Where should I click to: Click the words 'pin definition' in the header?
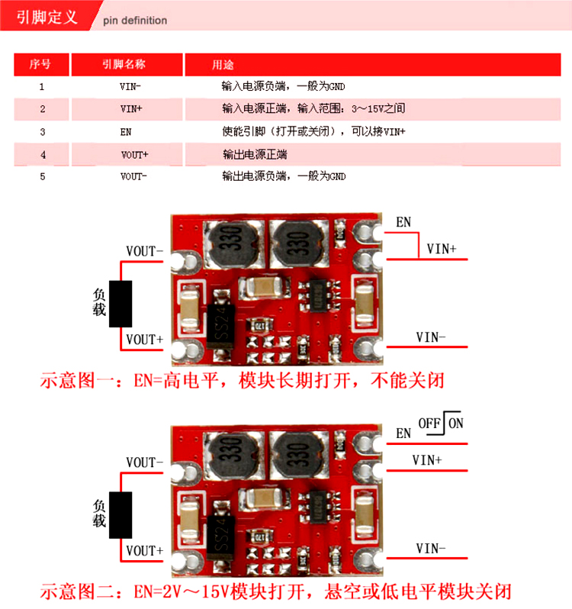(135, 20)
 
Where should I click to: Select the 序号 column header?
(41, 64)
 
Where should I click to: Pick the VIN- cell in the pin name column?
(130, 86)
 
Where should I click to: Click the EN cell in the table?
(126, 132)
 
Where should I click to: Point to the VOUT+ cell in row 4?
(135, 155)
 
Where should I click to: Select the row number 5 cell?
(43, 177)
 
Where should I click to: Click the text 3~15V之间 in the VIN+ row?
(378, 108)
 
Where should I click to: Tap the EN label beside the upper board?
(403, 222)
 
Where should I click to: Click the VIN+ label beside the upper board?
(442, 249)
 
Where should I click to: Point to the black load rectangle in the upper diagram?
(121, 304)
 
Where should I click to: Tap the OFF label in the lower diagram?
(429, 424)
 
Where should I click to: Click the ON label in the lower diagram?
(456, 424)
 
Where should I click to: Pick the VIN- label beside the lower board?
(431, 549)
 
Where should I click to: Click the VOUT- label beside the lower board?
(144, 462)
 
